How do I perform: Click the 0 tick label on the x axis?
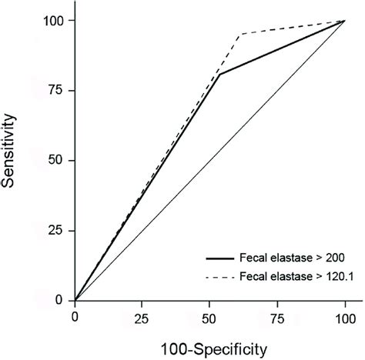75,315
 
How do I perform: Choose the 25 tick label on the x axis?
142,315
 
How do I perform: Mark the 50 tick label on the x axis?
210,315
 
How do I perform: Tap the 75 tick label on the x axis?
278,315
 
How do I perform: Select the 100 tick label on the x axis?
346,315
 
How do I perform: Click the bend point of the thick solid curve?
220,75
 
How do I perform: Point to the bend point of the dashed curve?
242,34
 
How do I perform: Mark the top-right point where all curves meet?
346,21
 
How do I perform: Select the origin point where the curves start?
75,299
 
